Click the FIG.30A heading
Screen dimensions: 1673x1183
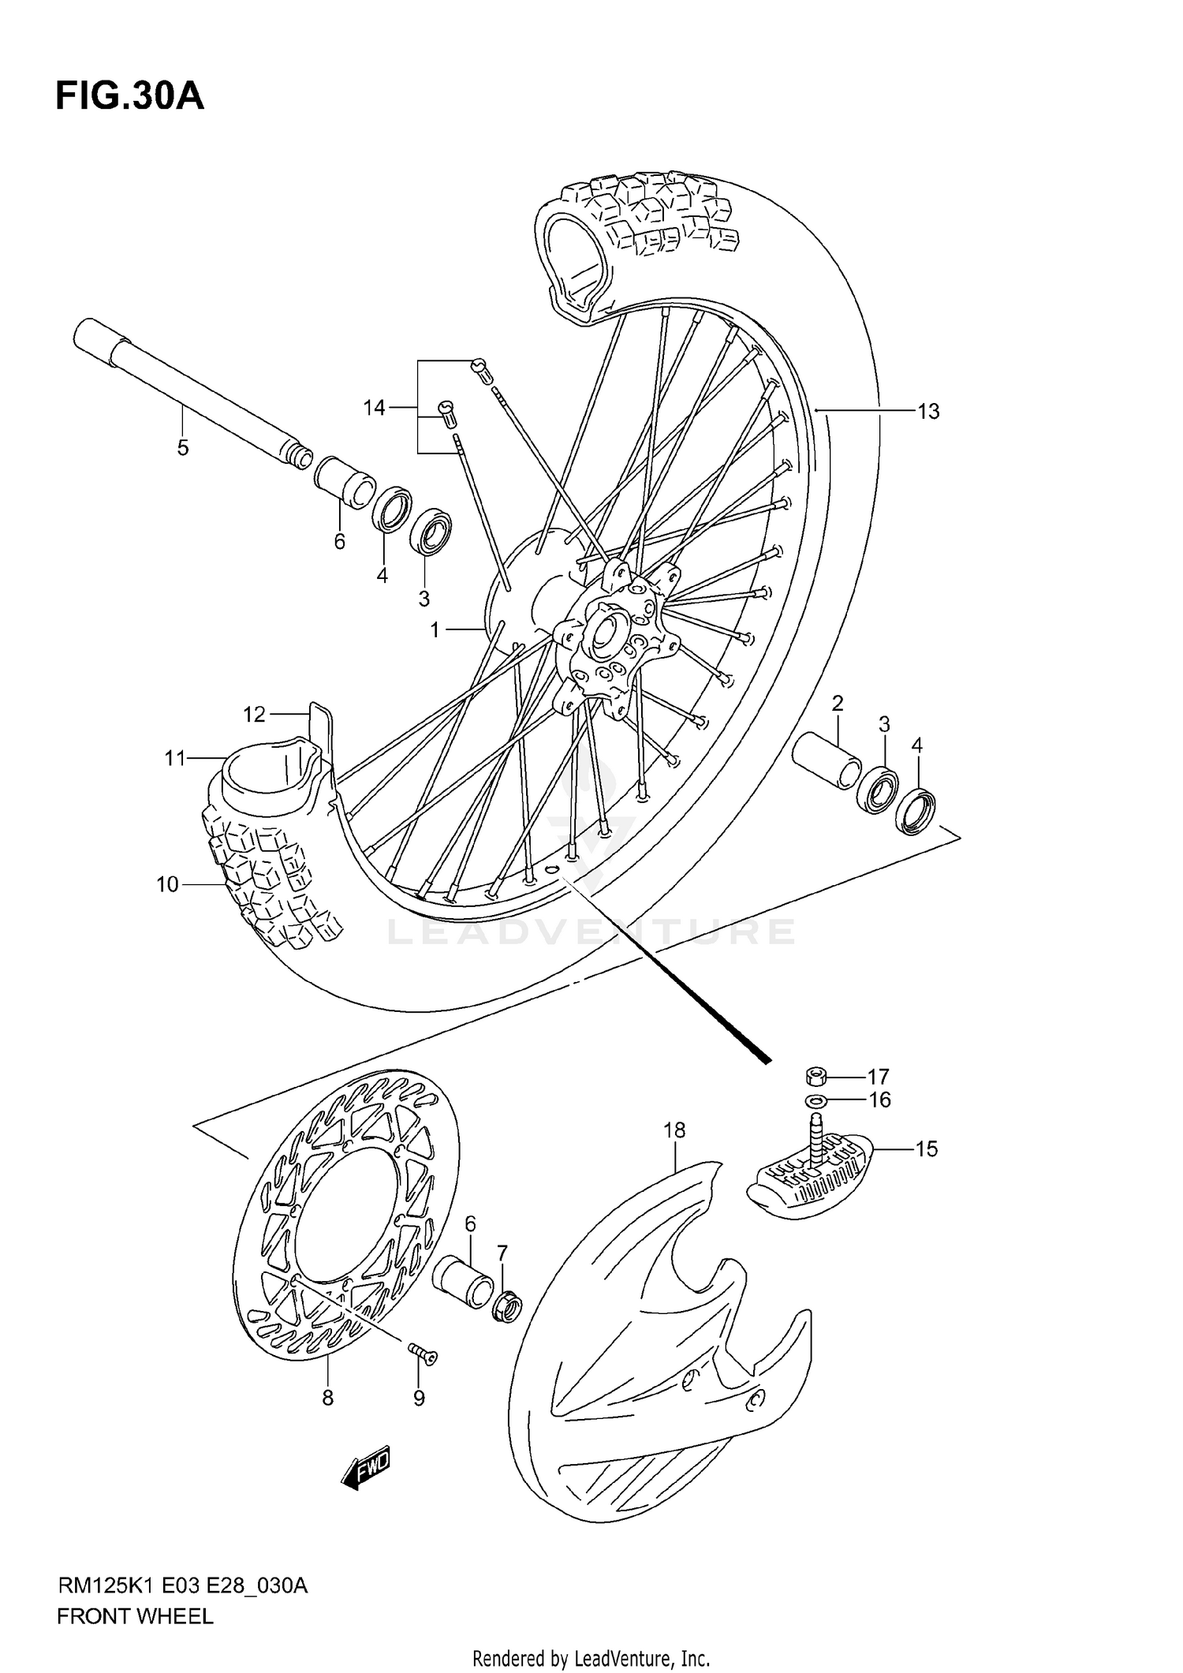point(130,97)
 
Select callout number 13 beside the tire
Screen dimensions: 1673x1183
point(928,411)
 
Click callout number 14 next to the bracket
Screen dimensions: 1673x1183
point(374,408)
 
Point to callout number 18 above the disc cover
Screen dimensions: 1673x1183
point(674,1130)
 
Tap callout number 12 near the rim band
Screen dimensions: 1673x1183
point(254,715)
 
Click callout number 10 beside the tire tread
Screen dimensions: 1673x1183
point(167,885)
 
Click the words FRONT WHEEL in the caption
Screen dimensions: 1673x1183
point(135,1616)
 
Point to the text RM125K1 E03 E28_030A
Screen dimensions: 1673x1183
point(182,1585)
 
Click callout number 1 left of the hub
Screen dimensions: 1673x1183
point(435,629)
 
